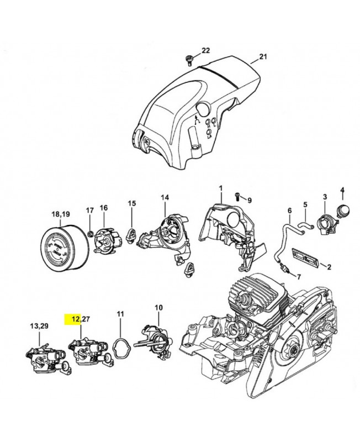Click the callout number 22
click(205, 51)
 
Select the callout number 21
click(263, 57)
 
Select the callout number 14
click(165, 198)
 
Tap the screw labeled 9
click(237, 197)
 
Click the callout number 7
click(299, 276)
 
